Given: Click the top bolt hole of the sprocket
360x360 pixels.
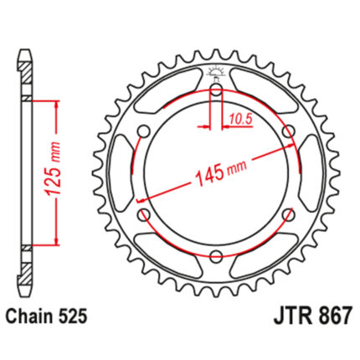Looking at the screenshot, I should [x=217, y=90].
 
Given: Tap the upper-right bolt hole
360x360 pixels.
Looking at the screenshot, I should [x=289, y=131].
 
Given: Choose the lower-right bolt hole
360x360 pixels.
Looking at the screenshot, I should [x=289, y=214].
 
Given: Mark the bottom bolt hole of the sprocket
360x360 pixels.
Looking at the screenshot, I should [x=217, y=256].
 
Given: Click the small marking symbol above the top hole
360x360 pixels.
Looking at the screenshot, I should [x=217, y=72].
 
